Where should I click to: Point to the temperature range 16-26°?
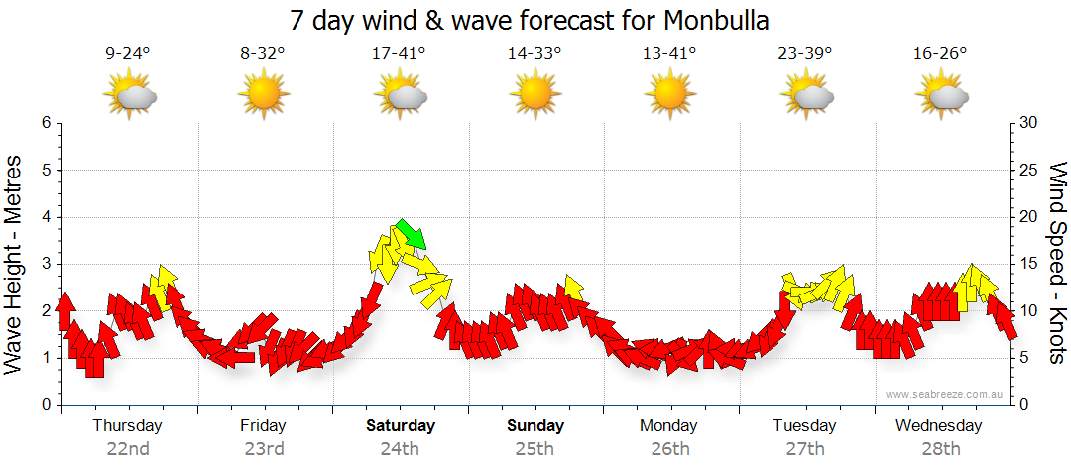940,53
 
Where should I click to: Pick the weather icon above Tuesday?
805,95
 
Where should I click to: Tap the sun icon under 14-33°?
535,95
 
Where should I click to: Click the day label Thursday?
127,426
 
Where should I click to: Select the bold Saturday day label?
400,426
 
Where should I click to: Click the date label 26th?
669,448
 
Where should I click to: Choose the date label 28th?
940,448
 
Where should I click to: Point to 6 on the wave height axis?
45,123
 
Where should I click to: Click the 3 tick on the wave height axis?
45,264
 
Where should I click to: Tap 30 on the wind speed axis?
1029,123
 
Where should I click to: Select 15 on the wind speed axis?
1029,264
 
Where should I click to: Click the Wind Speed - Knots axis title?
1057,263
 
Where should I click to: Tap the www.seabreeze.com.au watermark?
944,395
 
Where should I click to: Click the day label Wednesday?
939,426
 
